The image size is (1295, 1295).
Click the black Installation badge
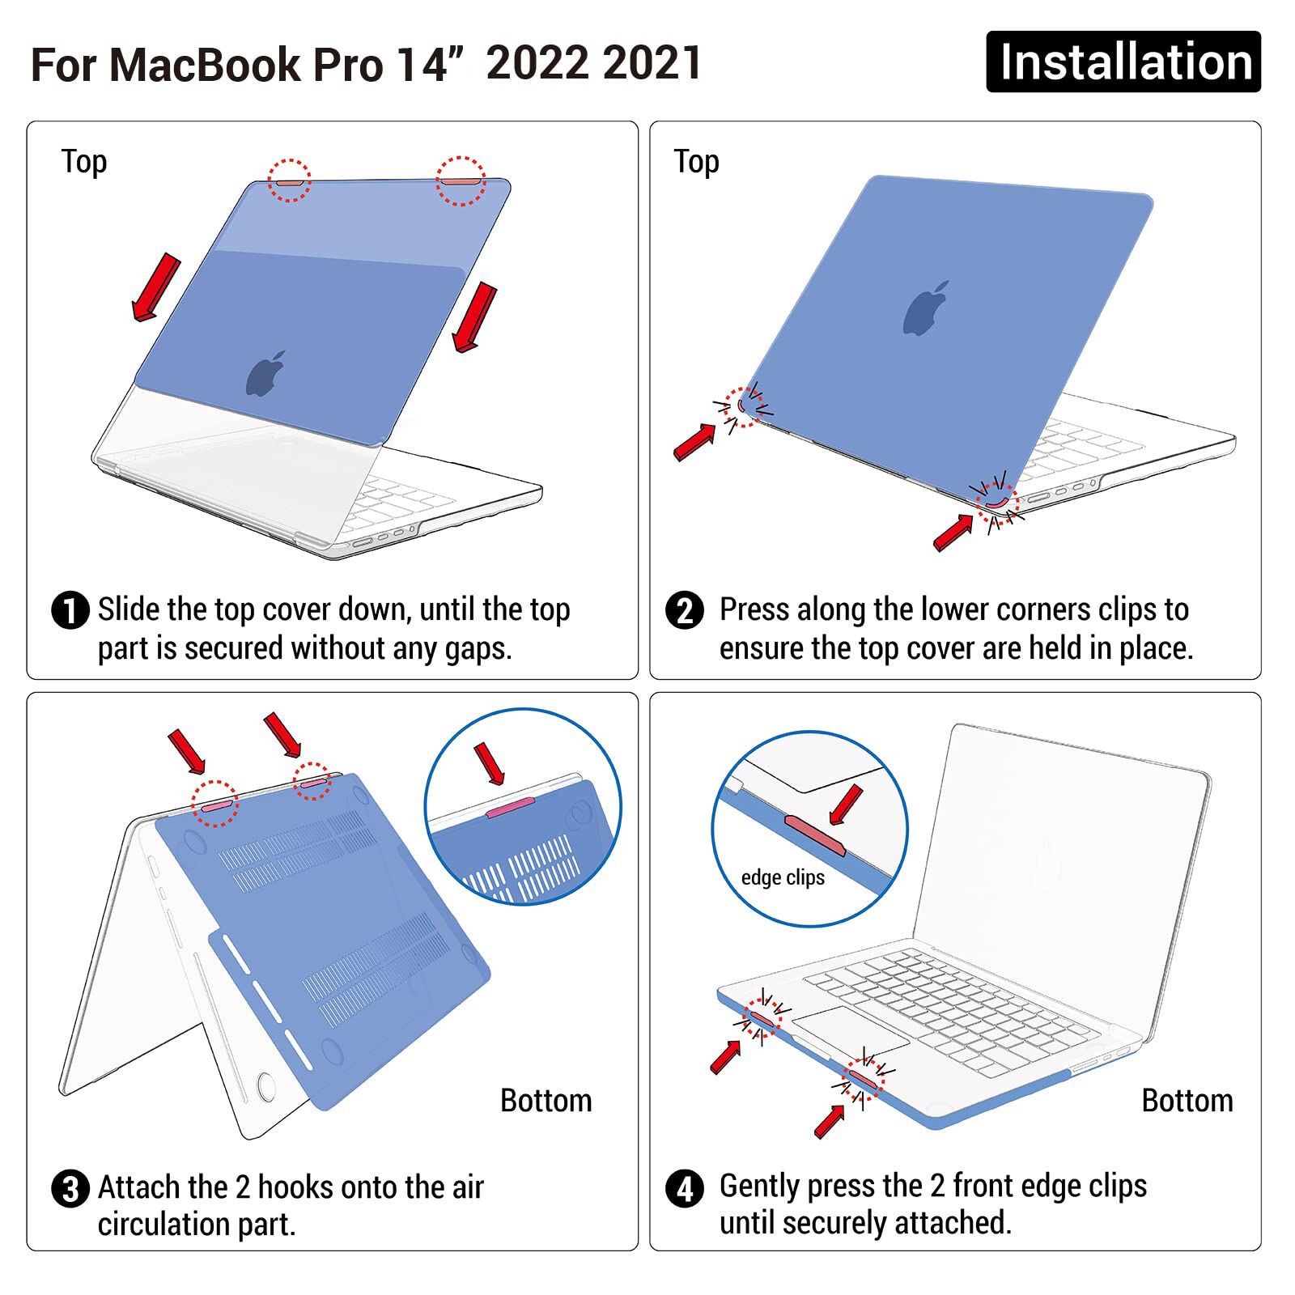point(1123,62)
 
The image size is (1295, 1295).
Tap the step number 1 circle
point(70,610)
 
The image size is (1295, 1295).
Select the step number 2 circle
point(685,610)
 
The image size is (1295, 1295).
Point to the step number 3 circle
point(70,1189)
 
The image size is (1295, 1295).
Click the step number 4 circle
point(685,1189)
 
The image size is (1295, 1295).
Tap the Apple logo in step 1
point(266,373)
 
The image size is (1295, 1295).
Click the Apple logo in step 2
point(926,308)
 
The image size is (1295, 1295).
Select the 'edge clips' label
point(783,877)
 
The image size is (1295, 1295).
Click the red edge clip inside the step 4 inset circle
point(814,835)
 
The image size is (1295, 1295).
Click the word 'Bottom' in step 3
point(546,1101)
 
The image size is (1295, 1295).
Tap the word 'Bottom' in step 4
point(1187,1101)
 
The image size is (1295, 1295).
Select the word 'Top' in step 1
point(84,162)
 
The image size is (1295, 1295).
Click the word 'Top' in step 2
point(697,162)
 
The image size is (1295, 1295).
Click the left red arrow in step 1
point(156,287)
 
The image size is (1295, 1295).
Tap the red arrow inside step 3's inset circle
point(490,764)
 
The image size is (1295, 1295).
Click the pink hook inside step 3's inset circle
point(511,807)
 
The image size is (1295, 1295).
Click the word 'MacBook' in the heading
point(205,65)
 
